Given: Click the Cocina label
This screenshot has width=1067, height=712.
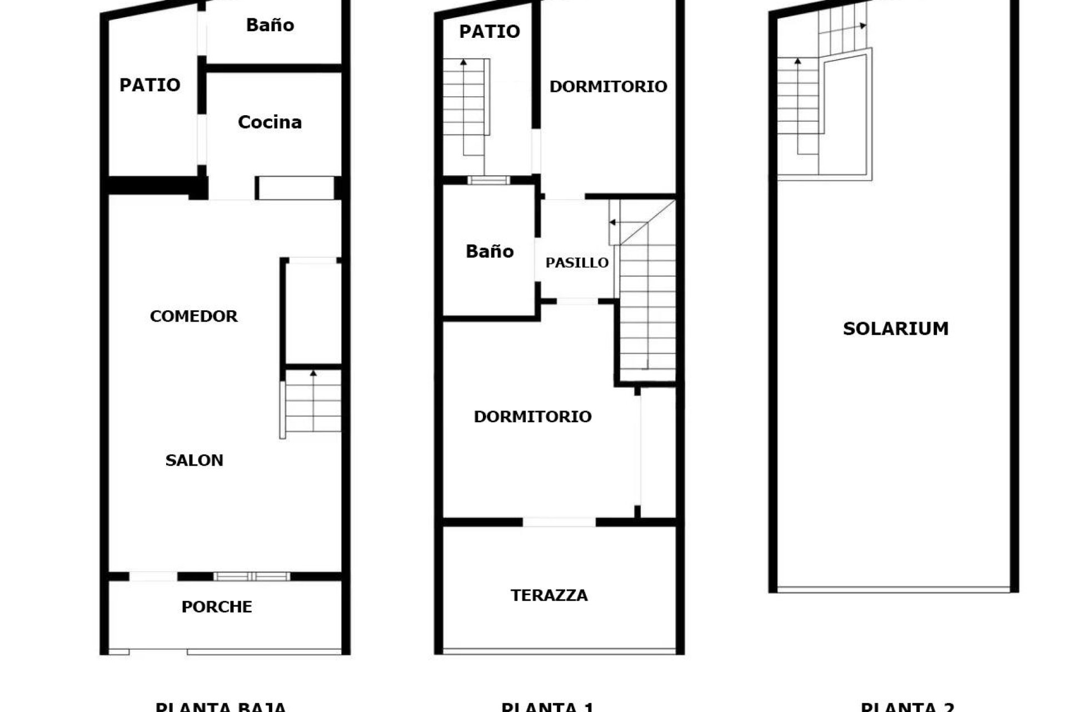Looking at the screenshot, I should click(x=270, y=122).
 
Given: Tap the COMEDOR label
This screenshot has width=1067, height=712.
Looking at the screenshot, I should click(x=193, y=316).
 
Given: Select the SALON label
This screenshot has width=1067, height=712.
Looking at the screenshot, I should click(x=194, y=460).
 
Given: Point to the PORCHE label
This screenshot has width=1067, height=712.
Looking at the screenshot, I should click(x=217, y=606).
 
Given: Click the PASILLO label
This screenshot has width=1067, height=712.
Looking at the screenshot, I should click(x=577, y=263).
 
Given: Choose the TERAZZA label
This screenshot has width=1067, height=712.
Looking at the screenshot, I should click(x=549, y=595).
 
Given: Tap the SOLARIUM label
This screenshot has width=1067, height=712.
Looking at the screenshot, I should click(x=895, y=328).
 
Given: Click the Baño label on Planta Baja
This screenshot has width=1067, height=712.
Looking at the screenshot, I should click(x=270, y=25).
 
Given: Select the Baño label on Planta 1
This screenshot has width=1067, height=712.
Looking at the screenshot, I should click(x=489, y=251).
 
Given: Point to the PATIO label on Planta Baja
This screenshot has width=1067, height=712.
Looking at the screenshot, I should click(x=149, y=85).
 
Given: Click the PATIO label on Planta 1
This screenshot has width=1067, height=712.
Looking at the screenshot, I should click(x=489, y=32).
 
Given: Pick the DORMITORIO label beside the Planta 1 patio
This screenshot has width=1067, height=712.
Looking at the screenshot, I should click(x=608, y=86).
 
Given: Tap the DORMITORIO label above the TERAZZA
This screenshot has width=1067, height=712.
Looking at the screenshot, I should click(x=532, y=417).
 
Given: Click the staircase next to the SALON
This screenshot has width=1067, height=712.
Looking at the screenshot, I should click(x=312, y=402).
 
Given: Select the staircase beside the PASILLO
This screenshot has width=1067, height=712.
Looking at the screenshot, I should click(x=647, y=300).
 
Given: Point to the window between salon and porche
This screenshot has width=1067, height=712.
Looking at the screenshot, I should click(x=252, y=576).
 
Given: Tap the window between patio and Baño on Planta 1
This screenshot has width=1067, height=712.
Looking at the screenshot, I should click(x=488, y=180).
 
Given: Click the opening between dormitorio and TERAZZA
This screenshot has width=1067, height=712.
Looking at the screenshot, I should click(x=559, y=522).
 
